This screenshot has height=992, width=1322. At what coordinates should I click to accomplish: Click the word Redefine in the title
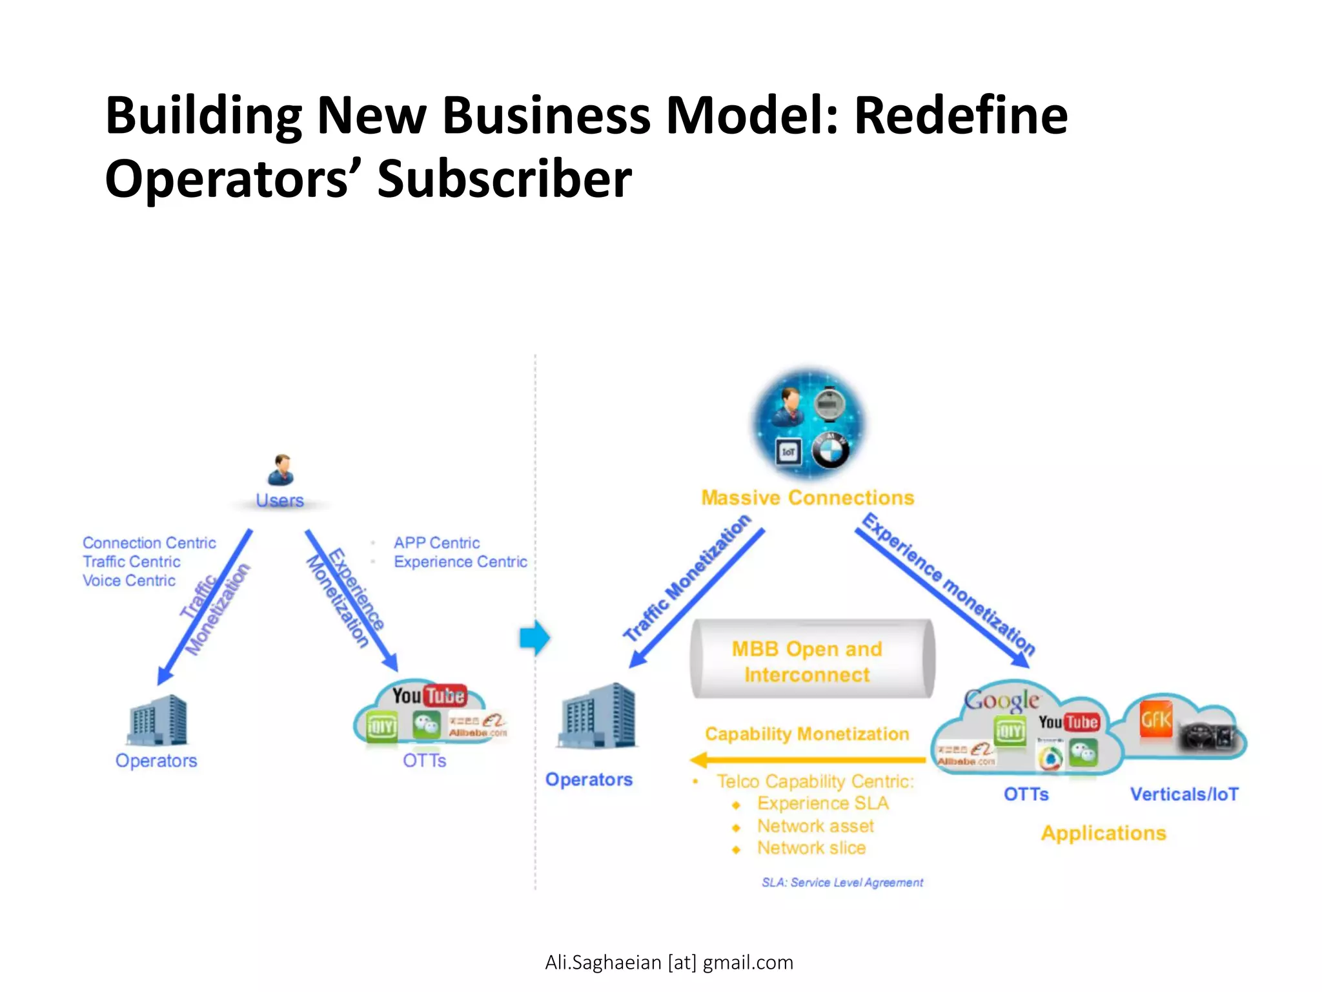[961, 116]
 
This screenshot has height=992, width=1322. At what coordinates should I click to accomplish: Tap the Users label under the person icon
[280, 501]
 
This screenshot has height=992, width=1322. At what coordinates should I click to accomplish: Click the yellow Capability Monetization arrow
[807, 760]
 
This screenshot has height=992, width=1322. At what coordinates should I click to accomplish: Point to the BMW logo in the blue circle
[830, 450]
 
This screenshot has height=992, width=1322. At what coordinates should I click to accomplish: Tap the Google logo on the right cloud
[1001, 700]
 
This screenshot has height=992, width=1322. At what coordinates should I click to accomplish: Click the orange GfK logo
[1155, 719]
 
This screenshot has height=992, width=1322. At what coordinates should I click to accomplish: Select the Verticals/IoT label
[1184, 794]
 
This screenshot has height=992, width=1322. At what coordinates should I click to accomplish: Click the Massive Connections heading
[808, 498]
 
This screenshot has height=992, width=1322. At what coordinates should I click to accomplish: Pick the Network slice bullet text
[811, 848]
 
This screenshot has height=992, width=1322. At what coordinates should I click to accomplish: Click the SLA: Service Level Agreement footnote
[842, 882]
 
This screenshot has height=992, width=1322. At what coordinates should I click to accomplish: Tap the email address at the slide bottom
[669, 962]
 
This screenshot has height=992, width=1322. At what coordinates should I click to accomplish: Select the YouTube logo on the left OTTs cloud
[429, 696]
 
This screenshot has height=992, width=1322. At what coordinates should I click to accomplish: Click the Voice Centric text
[129, 581]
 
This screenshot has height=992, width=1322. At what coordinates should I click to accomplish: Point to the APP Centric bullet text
[436, 542]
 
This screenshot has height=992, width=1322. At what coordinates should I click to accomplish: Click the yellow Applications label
[1103, 833]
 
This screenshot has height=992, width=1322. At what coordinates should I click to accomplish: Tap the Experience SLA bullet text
[822, 803]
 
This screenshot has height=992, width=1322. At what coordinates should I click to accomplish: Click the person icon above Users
[281, 470]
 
